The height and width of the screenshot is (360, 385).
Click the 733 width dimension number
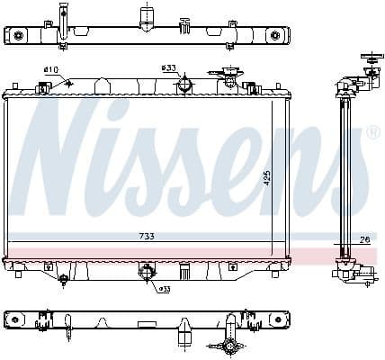coord(147,236)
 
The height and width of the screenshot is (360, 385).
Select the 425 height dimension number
coord(266,178)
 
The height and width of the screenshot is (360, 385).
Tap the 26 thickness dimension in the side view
coord(364,239)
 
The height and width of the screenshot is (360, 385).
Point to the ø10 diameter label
coord(50,70)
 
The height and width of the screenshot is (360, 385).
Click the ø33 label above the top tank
coord(168,68)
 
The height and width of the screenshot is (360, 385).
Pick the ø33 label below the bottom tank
coord(165,289)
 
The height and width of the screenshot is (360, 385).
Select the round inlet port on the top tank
coord(184,85)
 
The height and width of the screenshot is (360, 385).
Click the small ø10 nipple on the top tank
coord(42,87)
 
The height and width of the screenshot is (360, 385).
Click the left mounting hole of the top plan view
coord(17,36)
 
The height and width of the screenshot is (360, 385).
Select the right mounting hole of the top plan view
coord(276,36)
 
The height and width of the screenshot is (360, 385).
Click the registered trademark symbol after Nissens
coord(372,132)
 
